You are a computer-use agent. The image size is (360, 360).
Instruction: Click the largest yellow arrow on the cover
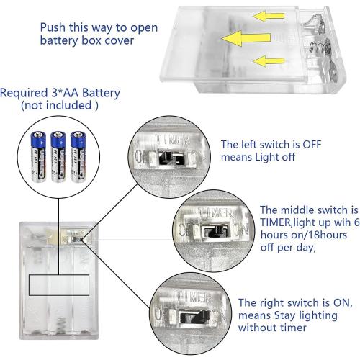point(246,38)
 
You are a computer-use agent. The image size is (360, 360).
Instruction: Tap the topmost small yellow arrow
point(269,17)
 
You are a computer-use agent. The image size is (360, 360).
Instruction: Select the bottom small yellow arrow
point(269,61)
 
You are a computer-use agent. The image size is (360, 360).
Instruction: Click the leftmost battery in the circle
point(38,157)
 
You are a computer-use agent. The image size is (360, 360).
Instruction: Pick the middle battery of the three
point(58,157)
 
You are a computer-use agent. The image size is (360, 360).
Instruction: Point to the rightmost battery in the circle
point(78,157)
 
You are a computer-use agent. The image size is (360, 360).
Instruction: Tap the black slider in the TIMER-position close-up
point(215,231)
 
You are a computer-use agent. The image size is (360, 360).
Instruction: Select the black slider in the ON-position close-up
point(195,317)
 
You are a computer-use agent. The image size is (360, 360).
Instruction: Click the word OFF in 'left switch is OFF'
point(312,145)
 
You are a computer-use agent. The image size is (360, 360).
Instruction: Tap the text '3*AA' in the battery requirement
point(65,93)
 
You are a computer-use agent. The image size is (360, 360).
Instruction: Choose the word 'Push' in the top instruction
point(53,27)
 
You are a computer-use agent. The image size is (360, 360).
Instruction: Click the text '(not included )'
point(60,105)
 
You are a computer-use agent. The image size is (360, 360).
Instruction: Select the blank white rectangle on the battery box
point(59,285)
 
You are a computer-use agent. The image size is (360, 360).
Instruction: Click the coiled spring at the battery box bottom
point(60,325)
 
